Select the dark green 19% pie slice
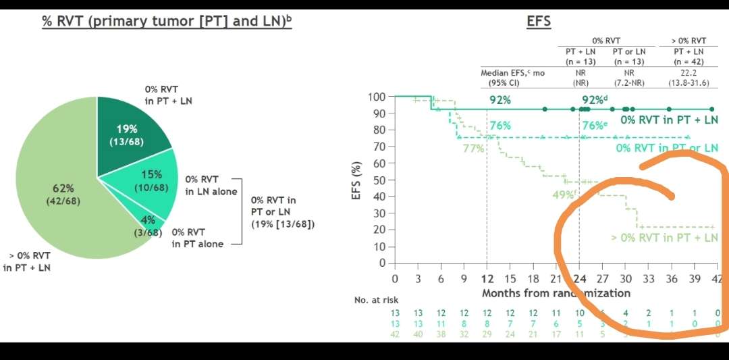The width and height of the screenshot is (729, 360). [x=128, y=135]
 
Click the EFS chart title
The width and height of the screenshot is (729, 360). [x=539, y=21]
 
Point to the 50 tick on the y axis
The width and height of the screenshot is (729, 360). [x=380, y=180]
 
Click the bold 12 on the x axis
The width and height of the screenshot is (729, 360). [x=487, y=278]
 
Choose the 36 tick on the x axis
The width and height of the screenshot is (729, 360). [x=671, y=278]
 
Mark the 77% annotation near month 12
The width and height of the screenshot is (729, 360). [x=473, y=148]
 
